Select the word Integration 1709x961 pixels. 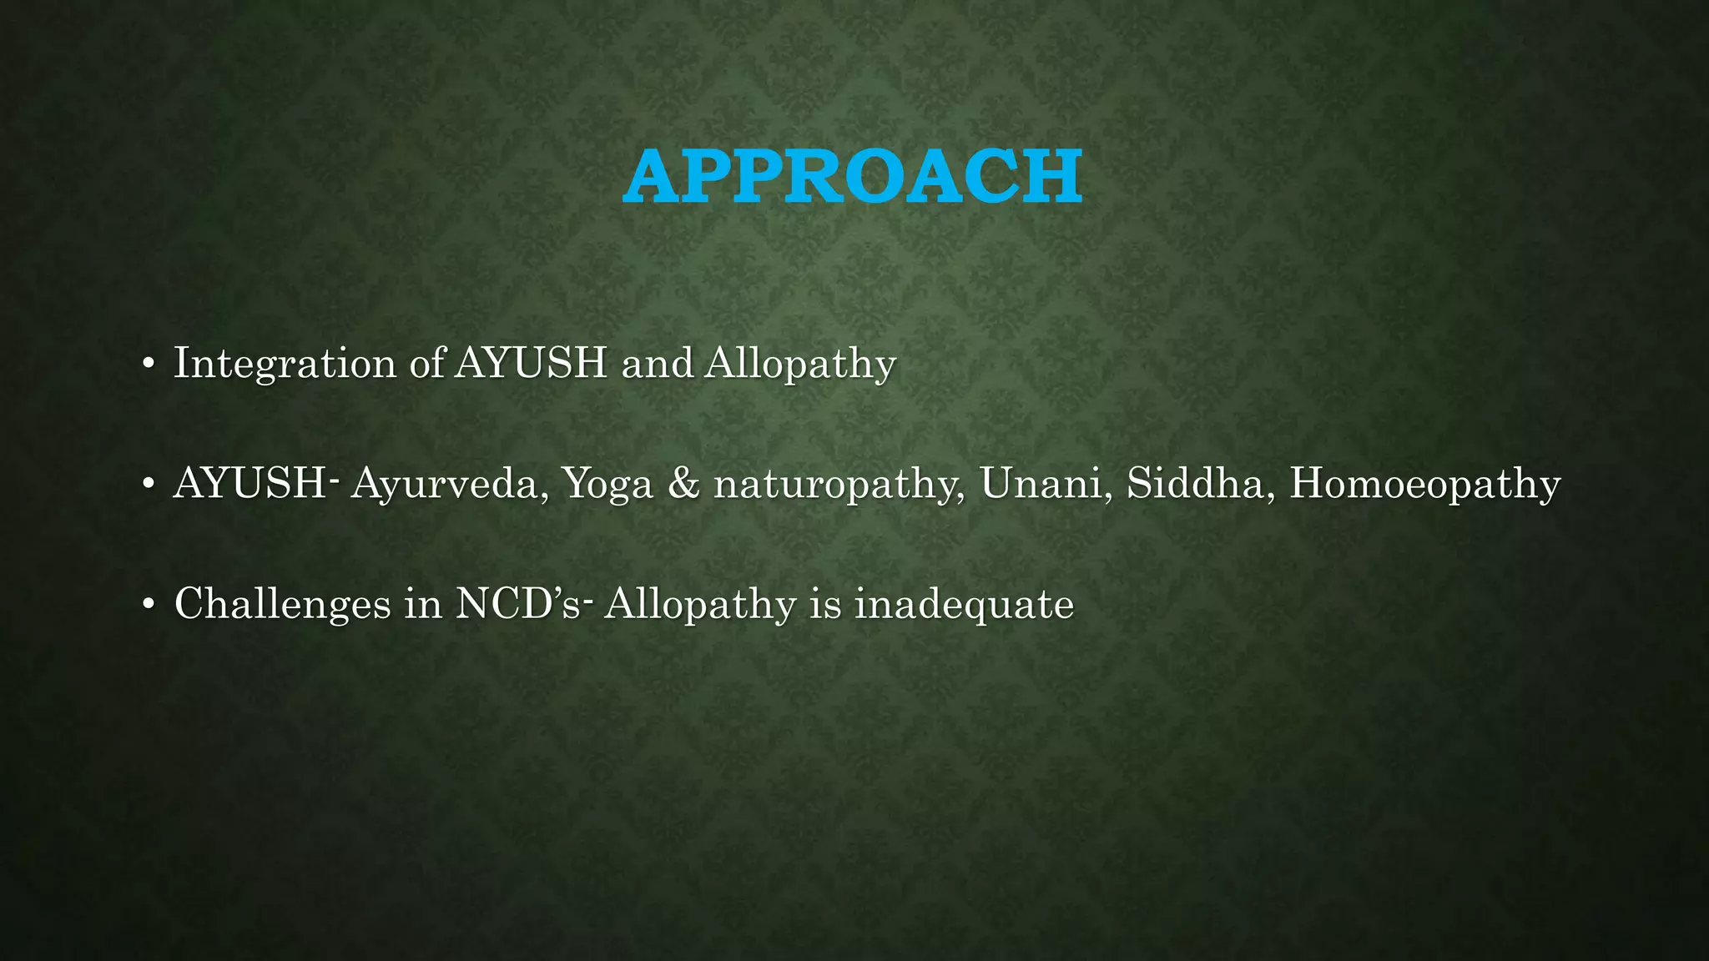tap(285, 364)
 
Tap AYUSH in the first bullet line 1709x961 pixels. tap(531, 363)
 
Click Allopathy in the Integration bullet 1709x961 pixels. tap(800, 364)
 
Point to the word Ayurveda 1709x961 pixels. tap(446, 484)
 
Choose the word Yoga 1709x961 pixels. tap(607, 484)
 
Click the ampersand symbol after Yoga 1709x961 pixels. tap(683, 484)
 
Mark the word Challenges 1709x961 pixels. tap(282, 604)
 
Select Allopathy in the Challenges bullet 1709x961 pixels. tap(700, 604)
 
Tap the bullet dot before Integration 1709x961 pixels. tap(148, 365)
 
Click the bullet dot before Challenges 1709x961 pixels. tap(148, 605)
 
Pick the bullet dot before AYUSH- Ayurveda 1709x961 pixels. tap(148, 485)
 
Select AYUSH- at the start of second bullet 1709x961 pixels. tap(254, 483)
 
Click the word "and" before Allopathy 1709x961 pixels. tap(657, 364)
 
